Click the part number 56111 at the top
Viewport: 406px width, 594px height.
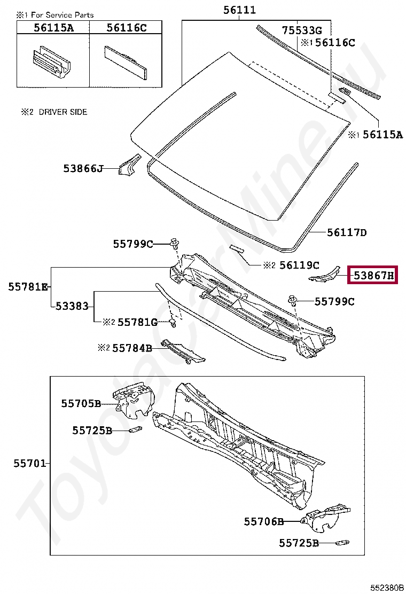239,10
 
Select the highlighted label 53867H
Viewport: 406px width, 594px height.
373,275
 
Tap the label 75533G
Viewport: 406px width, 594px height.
302,30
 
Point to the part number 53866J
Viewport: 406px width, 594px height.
83,168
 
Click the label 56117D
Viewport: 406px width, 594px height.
347,232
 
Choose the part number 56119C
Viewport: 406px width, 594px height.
299,265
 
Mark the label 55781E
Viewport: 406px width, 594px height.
28,287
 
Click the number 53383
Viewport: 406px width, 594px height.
72,306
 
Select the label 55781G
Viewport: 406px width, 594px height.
137,323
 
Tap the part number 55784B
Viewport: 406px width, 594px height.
132,348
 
